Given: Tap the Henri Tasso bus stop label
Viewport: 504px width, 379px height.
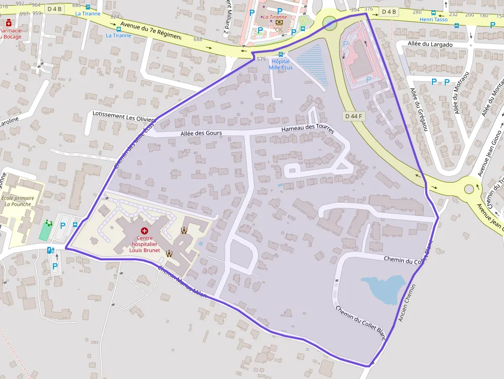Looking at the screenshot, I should tap(433, 20).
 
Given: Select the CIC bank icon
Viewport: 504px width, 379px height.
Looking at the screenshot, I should tap(279, 23).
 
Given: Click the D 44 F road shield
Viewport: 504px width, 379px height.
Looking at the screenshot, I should tap(354, 116).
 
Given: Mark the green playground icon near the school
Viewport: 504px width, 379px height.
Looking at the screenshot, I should tap(49, 223).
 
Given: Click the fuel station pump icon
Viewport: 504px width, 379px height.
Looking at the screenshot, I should tap(50, 250).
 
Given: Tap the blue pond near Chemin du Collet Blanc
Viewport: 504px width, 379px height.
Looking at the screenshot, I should tap(383, 288).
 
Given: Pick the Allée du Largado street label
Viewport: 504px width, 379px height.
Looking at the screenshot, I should tap(429, 45).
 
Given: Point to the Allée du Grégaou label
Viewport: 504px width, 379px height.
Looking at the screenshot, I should tap(419, 109).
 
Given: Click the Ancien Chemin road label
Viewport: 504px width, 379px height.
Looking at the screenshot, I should tap(407, 303).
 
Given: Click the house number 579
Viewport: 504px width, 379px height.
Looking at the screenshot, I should tap(261, 59).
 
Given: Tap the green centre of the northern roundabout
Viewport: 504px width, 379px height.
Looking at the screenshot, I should tap(330, 23).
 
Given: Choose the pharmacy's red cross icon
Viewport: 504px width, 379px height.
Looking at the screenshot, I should tap(8, 23).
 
